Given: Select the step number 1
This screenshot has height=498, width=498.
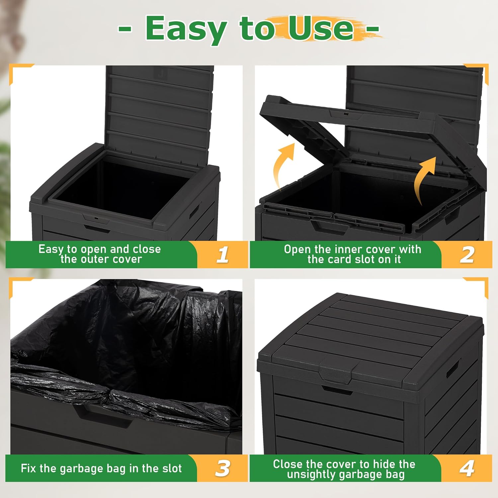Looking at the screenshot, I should tap(223, 255).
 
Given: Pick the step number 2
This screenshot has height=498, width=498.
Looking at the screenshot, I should tap(467, 255).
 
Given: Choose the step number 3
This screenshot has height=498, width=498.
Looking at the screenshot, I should tap(222, 468).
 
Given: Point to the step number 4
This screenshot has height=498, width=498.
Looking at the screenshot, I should tap(467, 468).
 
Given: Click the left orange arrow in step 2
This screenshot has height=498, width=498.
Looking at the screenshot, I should tap(283, 166).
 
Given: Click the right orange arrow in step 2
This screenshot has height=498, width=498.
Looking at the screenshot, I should tap(426, 179).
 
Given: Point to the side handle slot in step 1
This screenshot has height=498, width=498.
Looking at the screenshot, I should tap(195, 210).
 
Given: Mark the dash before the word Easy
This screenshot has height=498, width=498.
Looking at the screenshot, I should tap(125, 29).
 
